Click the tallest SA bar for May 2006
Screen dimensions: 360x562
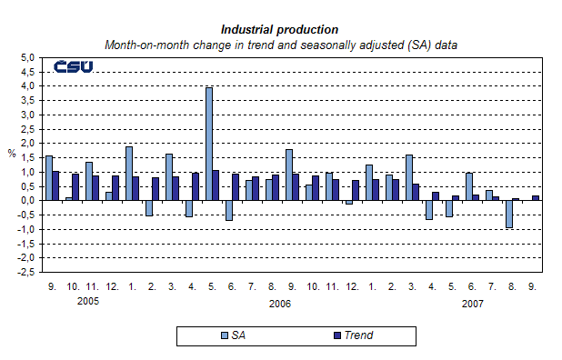pyautogui.click(x=209, y=144)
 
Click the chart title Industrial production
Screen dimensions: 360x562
pyautogui.click(x=280, y=29)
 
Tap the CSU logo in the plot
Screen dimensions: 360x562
pyautogui.click(x=74, y=66)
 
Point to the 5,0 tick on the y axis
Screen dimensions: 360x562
pyautogui.click(x=27, y=57)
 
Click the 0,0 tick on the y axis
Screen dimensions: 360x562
pyautogui.click(x=27, y=200)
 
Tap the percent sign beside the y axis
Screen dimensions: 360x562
pyautogui.click(x=12, y=154)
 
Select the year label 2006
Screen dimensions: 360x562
pyautogui.click(x=280, y=303)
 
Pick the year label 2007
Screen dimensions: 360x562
pyautogui.click(x=471, y=303)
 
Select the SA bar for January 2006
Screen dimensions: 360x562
pyautogui.click(x=129, y=174)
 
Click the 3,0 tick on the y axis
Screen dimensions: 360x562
pyautogui.click(x=27, y=115)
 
